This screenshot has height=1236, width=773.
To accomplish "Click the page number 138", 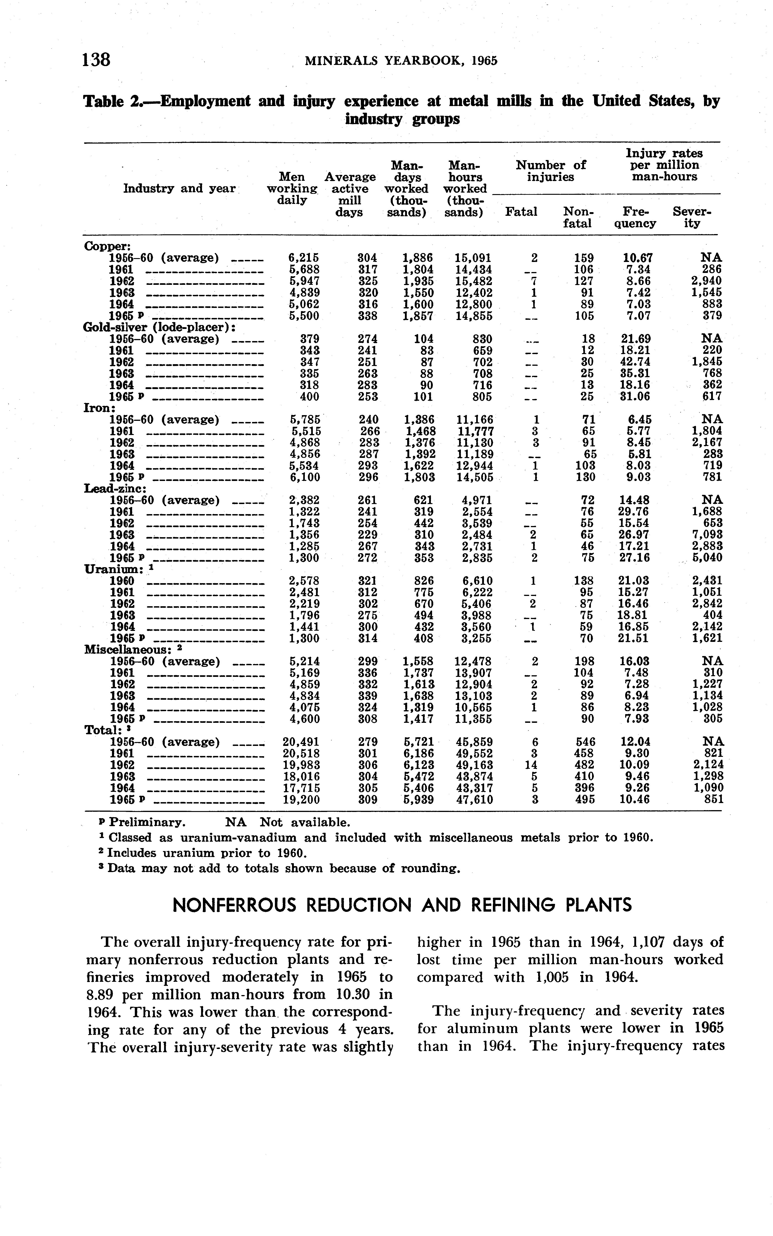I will tap(96, 60).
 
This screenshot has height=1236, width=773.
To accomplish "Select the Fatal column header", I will tap(521, 212).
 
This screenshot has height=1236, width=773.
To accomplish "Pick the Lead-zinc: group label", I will tap(115, 488).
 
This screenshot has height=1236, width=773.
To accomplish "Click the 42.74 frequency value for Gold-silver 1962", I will tap(635, 362).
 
